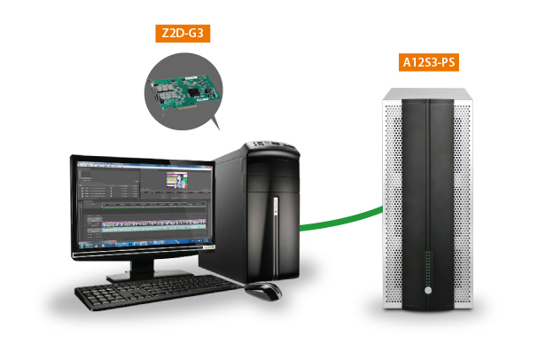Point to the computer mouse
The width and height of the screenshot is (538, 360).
click(263, 289)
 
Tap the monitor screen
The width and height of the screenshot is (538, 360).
click(143, 204)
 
